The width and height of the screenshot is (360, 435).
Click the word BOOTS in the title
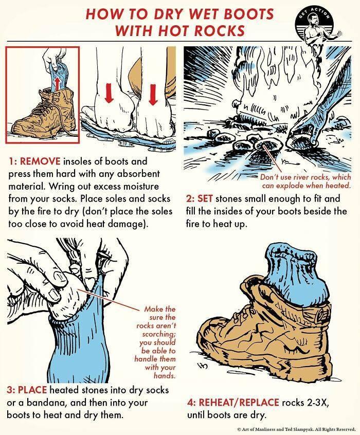coord(248,14)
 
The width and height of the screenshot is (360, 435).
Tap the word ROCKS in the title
coord(220,30)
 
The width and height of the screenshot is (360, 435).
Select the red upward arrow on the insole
coord(57,84)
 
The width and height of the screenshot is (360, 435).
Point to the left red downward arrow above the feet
coord(109,94)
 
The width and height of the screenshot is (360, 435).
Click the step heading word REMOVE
coord(40,161)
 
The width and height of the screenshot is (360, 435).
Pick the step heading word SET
coord(205,198)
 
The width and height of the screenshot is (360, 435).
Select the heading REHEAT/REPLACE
coord(239,402)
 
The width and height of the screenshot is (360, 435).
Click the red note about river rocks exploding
coord(305,181)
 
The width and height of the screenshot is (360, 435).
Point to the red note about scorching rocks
coord(155,342)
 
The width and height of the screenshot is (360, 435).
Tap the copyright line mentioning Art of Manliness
coord(296,429)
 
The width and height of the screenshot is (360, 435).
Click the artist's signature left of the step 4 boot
coord(204,367)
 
